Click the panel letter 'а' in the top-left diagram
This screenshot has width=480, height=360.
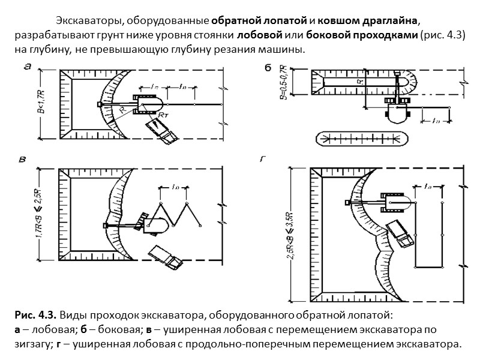[x=27, y=68]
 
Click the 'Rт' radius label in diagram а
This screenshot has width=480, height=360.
[x=164, y=113]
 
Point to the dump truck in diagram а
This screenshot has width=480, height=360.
[x=162, y=130]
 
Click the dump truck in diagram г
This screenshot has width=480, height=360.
[x=400, y=233]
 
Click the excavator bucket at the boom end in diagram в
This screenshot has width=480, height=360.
[x=106, y=226]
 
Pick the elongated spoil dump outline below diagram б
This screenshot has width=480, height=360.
[x=362, y=138]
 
